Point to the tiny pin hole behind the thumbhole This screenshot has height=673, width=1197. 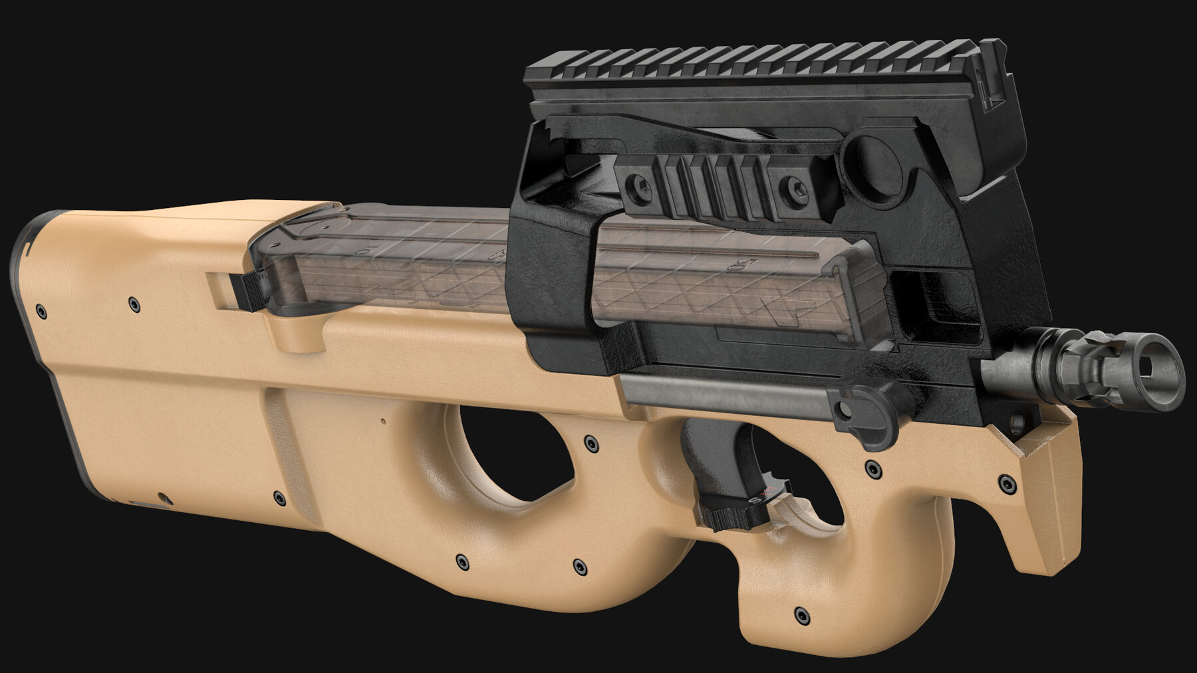382,421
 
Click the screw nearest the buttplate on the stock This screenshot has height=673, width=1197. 42,310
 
